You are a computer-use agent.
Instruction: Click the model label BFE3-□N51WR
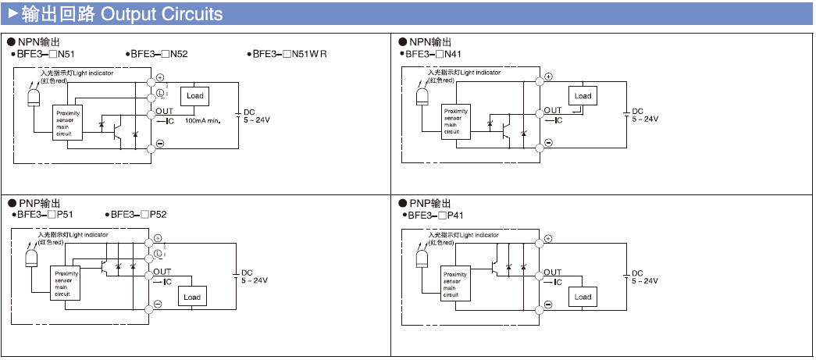[290, 54]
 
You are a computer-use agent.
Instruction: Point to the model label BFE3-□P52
[138, 214]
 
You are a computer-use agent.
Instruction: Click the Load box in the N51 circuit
[194, 96]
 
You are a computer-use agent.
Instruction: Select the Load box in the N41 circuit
[583, 96]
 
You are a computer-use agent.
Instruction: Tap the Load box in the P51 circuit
[192, 297]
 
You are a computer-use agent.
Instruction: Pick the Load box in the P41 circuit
[583, 297]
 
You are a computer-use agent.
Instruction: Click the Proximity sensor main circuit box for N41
[455, 122]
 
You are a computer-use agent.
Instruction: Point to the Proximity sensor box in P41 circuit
[455, 284]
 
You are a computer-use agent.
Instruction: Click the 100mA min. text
[204, 122]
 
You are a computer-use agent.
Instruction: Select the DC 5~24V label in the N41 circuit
[644, 115]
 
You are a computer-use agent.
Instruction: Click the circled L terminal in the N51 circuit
[160, 94]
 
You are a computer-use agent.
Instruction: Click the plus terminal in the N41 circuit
[548, 77]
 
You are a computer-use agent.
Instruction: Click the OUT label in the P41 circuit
[552, 273]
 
